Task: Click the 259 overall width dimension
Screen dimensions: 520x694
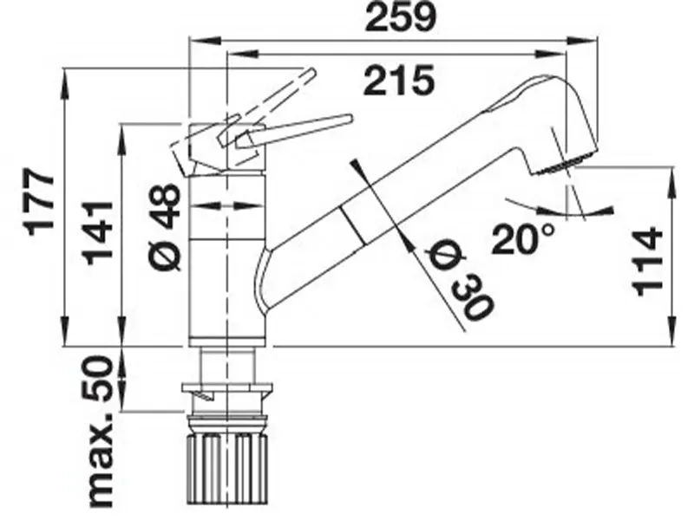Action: [398, 19]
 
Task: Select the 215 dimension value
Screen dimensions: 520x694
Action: [398, 82]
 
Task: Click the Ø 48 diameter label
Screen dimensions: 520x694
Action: [166, 224]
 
